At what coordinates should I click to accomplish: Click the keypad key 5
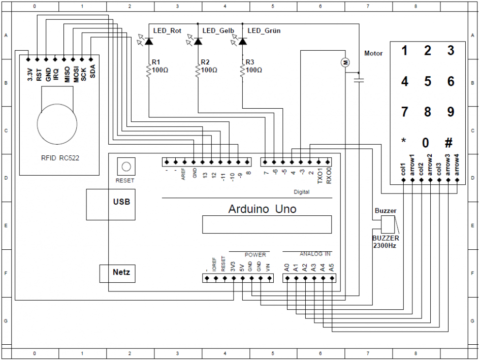[x=428, y=81]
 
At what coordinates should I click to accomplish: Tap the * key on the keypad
[x=404, y=142]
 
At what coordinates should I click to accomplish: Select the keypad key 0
[x=426, y=143]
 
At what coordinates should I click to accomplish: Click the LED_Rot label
[x=167, y=31]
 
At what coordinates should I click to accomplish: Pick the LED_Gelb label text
[x=218, y=31]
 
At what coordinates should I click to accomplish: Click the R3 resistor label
[x=250, y=62]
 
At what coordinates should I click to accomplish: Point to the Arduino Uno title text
[x=262, y=209]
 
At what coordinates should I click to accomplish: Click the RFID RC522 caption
[x=60, y=158]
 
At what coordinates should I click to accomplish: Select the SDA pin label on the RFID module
[x=92, y=72]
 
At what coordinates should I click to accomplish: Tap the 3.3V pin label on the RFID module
[x=29, y=74]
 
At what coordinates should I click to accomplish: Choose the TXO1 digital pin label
[x=319, y=175]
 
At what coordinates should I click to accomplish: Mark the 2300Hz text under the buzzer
[x=385, y=245]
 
